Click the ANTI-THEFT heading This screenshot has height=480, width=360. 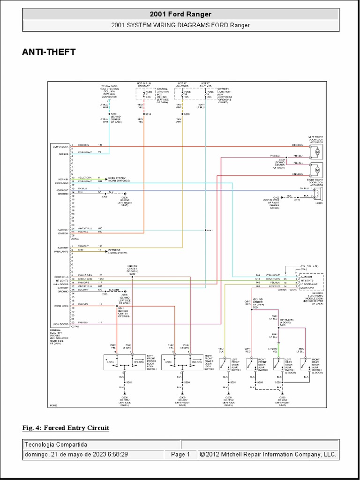click(x=49, y=52)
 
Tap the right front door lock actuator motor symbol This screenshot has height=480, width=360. click(x=317, y=169)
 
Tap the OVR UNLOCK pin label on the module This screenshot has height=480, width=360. click(x=61, y=146)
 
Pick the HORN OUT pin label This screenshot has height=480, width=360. click(x=62, y=190)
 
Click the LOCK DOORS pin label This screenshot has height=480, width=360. click(x=61, y=324)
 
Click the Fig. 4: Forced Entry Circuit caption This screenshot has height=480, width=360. click(x=66, y=427)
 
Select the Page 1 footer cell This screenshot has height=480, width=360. click(x=180, y=454)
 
